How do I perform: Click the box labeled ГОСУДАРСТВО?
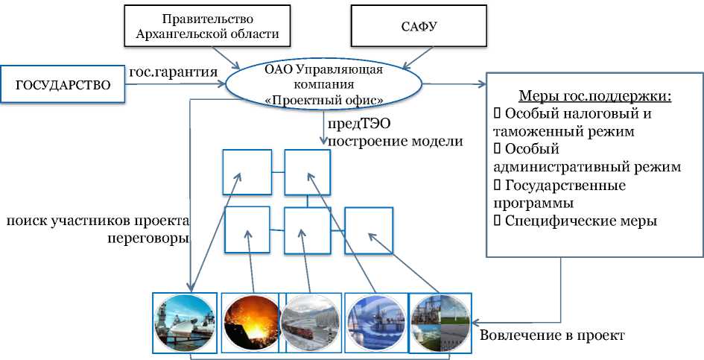(63, 85)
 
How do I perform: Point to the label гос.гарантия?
(173, 72)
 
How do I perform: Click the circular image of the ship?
(184, 321)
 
